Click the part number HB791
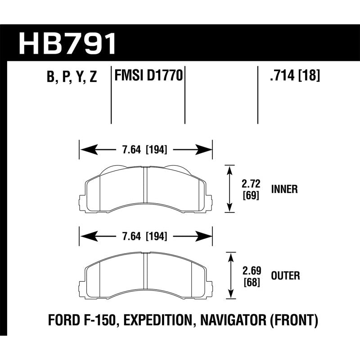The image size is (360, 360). point(67,44)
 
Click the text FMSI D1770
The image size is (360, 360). point(149,76)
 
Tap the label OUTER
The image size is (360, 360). point(285,275)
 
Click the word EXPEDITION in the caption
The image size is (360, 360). point(155,320)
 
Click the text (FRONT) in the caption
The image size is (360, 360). point(296,320)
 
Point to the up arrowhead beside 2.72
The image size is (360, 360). point(230,169)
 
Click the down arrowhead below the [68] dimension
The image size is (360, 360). point(230,295)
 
